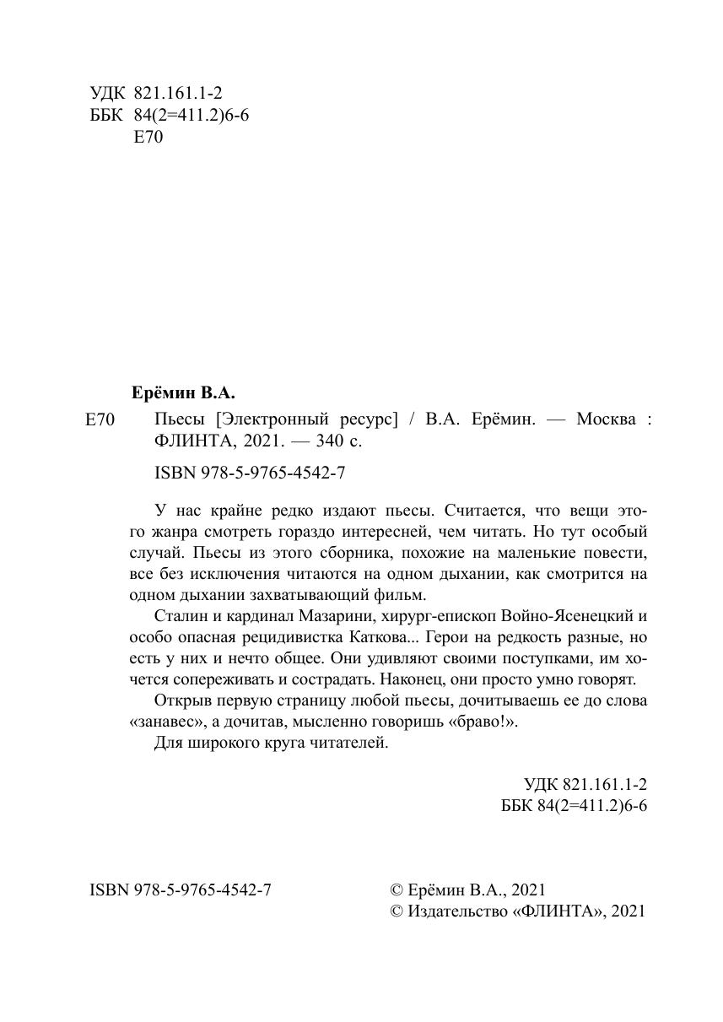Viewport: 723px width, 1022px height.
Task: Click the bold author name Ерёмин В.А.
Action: tap(184, 392)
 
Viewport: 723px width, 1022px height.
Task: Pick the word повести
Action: tap(616, 553)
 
